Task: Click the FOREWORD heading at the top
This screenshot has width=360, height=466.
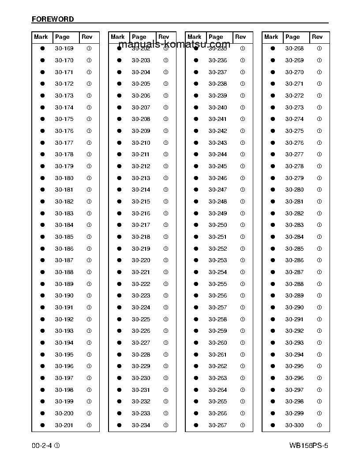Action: pyautogui.click(x=52, y=19)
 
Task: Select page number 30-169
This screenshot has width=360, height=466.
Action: pyautogui.click(x=64, y=49)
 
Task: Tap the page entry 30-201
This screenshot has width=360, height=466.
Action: pyautogui.click(x=64, y=425)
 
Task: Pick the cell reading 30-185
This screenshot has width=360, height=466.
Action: pyautogui.click(x=64, y=237)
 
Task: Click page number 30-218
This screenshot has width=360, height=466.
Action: pyautogui.click(x=141, y=237)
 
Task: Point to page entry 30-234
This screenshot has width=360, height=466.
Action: pyautogui.click(x=141, y=425)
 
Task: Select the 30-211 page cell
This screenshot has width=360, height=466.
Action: pyautogui.click(x=141, y=154)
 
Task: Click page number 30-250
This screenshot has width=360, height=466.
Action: pyautogui.click(x=218, y=225)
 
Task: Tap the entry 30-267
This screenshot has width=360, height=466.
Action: pyautogui.click(x=218, y=425)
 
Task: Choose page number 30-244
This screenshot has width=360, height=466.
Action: pyautogui.click(x=218, y=154)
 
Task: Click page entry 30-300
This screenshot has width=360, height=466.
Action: pyautogui.click(x=295, y=425)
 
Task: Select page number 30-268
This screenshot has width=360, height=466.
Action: pyautogui.click(x=295, y=49)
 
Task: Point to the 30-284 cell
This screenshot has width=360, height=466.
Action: pyautogui.click(x=295, y=237)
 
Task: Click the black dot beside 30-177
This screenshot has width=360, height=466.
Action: pyautogui.click(x=43, y=143)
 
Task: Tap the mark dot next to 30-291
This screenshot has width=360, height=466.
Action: pyautogui.click(x=273, y=319)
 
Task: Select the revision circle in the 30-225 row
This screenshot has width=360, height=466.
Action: pyautogui.click(x=166, y=319)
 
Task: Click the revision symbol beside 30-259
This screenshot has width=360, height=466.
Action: pyautogui.click(x=243, y=331)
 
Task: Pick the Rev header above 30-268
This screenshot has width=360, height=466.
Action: pyautogui.click(x=317, y=37)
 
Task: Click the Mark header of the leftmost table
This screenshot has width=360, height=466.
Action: pyautogui.click(x=41, y=37)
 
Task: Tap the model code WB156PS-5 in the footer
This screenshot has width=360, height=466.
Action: pyautogui.click(x=309, y=446)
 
